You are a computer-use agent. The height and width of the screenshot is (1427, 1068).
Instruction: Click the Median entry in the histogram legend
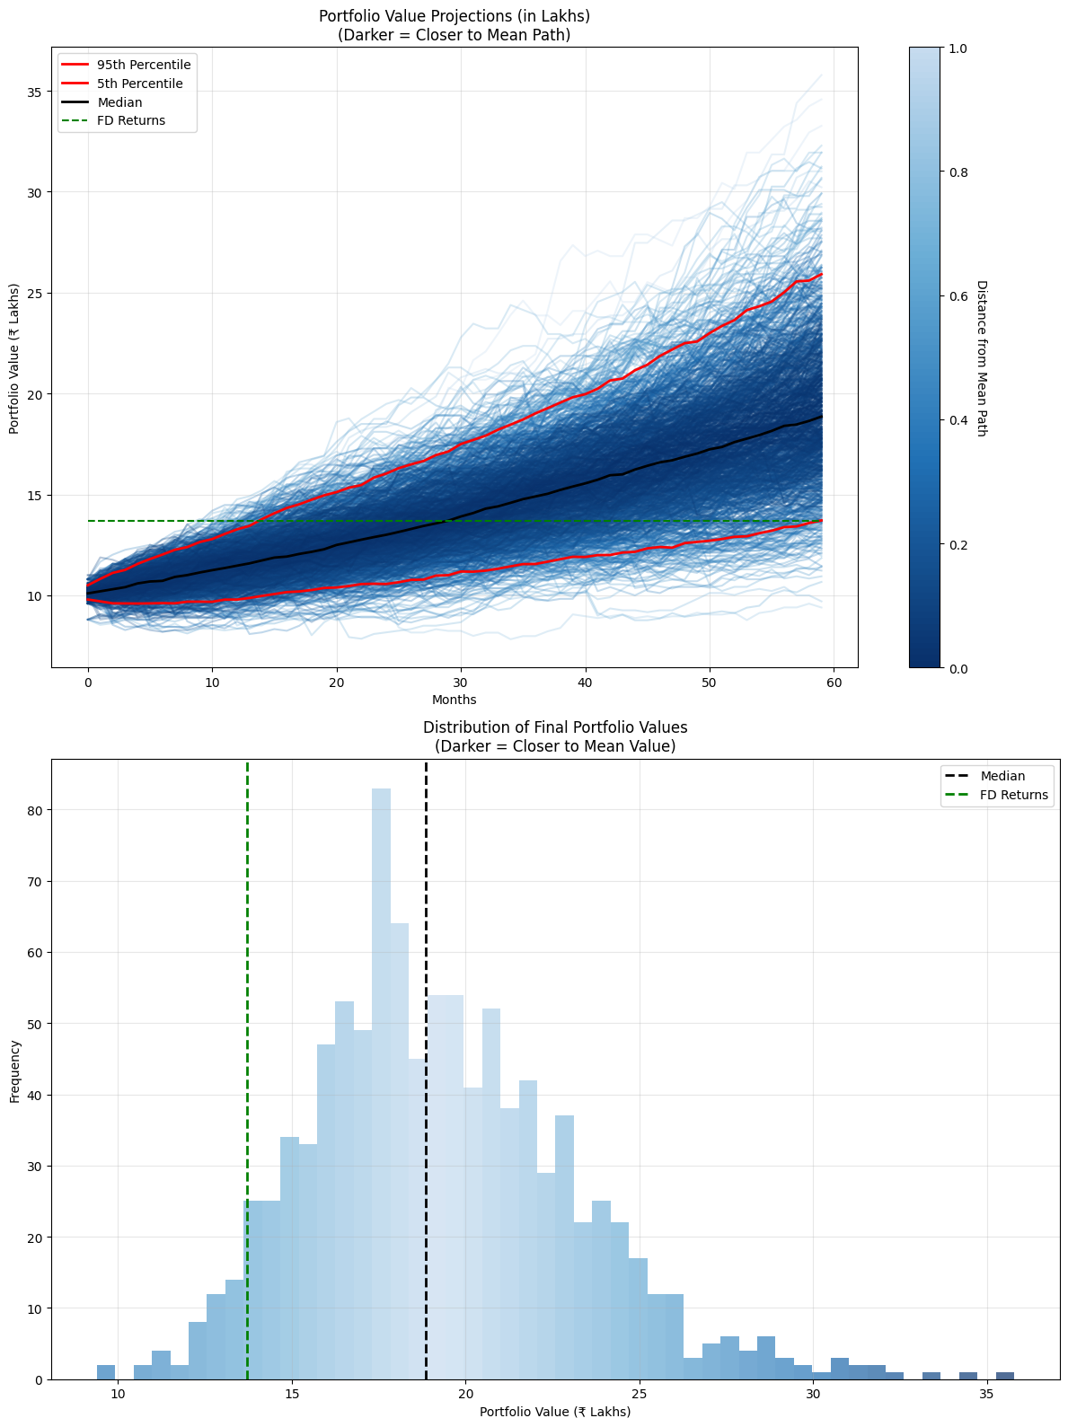(x=1002, y=776)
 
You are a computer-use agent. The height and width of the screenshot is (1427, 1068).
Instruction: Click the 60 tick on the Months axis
(x=834, y=683)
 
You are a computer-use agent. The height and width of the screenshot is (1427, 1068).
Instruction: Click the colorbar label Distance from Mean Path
(x=982, y=357)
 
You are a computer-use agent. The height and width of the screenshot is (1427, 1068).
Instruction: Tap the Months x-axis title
(x=454, y=700)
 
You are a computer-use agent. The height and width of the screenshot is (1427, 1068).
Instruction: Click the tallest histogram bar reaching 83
(x=381, y=1078)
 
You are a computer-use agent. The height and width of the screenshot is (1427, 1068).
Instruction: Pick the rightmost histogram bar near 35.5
(x=1005, y=1376)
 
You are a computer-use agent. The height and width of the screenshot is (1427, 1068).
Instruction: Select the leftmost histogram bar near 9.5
(x=106, y=1372)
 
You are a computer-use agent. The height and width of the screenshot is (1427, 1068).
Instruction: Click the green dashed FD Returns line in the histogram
(x=247, y=988)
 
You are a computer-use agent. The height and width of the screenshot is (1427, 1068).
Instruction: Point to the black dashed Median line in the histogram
(x=426, y=898)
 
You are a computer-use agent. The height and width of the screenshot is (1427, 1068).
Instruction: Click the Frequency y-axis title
(x=14, y=1070)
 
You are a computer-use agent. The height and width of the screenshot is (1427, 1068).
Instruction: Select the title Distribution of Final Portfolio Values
(x=555, y=727)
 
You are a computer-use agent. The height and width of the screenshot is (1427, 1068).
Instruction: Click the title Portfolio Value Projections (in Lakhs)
(x=454, y=16)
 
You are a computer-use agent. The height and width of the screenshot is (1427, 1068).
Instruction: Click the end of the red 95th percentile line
(x=821, y=275)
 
